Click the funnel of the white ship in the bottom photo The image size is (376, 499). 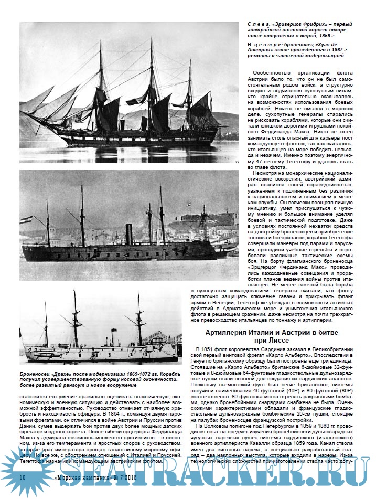tap(114, 335)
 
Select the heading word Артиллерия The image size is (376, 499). tap(228, 333)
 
